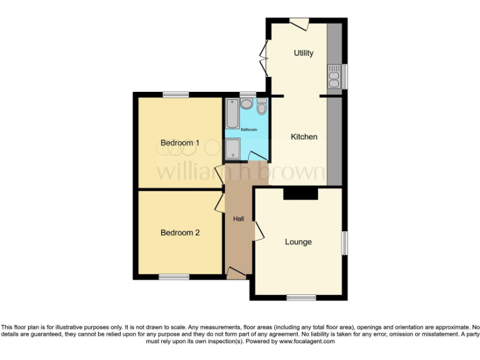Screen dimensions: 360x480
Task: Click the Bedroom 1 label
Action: point(180,142)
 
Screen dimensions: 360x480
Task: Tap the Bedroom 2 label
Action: point(180,232)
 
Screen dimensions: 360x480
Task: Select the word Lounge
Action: point(298,242)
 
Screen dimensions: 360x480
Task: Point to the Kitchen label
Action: point(304,137)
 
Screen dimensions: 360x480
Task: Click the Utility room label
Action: point(304,53)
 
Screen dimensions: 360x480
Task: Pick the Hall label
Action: point(238,219)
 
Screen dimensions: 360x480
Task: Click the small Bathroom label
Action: point(249,129)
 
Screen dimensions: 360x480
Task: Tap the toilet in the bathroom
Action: point(261,107)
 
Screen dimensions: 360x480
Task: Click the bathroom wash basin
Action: point(246,103)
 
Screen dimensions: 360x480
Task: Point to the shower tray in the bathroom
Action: point(232,149)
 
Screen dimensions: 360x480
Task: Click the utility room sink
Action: point(334,77)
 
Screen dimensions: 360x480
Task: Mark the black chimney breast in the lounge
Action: point(301,194)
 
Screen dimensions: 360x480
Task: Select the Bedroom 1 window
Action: point(176,95)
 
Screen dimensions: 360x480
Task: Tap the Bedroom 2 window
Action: point(174,276)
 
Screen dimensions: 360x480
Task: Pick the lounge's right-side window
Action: point(343,242)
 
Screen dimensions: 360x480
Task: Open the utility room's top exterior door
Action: point(299,23)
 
